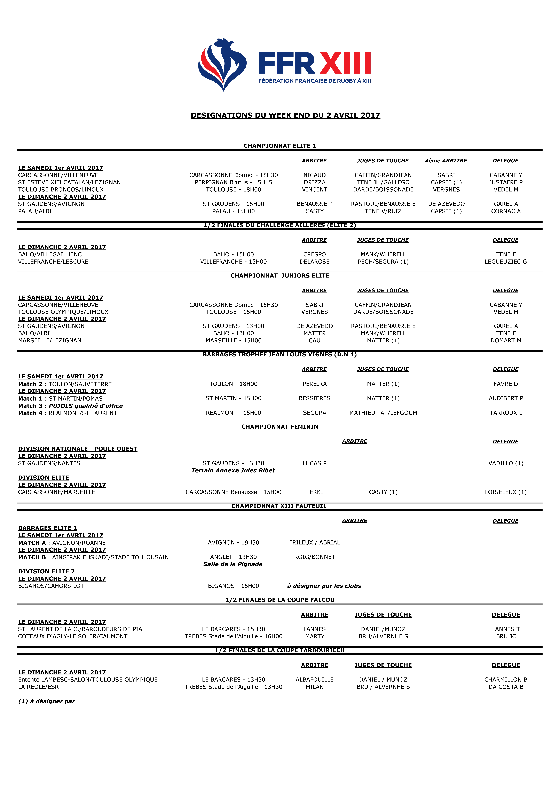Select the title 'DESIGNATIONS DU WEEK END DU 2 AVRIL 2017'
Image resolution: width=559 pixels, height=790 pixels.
coord(285,115)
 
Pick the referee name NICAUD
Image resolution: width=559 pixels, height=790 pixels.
coord(314,175)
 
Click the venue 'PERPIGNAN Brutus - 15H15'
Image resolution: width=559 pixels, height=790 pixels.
coord(233,182)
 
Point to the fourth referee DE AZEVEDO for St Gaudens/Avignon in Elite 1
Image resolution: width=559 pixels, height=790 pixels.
coord(446,204)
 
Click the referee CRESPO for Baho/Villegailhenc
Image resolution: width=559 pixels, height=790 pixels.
coord(314,254)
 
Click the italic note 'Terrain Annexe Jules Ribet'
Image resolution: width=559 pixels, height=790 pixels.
coord(233,470)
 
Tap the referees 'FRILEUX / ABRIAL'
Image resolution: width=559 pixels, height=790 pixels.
coord(314,543)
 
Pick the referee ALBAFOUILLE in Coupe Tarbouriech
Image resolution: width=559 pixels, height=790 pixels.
coord(314,680)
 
